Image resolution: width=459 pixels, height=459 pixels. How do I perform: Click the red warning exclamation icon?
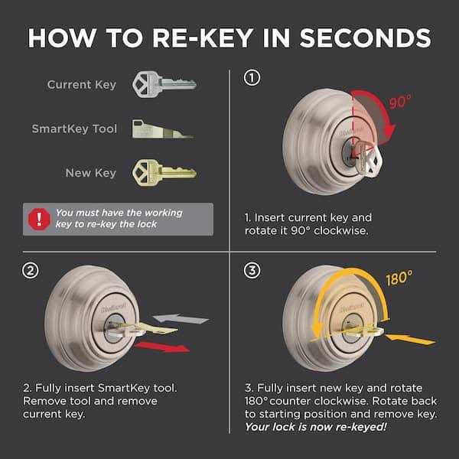tap(37, 220)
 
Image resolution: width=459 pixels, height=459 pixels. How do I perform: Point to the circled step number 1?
tap(252, 77)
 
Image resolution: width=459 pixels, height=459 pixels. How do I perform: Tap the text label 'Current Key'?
tap(82, 84)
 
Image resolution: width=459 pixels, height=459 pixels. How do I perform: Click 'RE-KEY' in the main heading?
tap(197, 37)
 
